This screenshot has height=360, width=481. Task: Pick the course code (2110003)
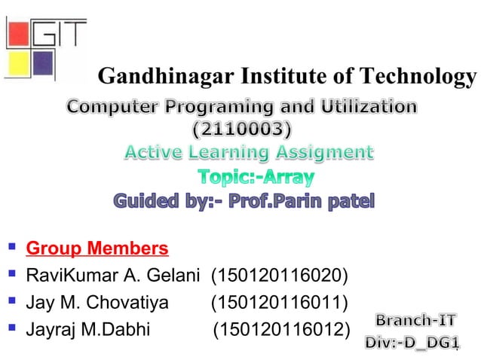[x=241, y=130]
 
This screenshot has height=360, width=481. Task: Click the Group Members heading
[x=97, y=249]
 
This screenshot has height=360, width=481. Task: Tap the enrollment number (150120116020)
[x=280, y=276]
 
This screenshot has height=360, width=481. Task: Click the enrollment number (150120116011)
[x=279, y=303]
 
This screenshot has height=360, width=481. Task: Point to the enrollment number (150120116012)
[x=282, y=330]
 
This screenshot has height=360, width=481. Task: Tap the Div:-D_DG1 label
[x=412, y=343]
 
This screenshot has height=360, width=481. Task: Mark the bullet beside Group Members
[x=12, y=247]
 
